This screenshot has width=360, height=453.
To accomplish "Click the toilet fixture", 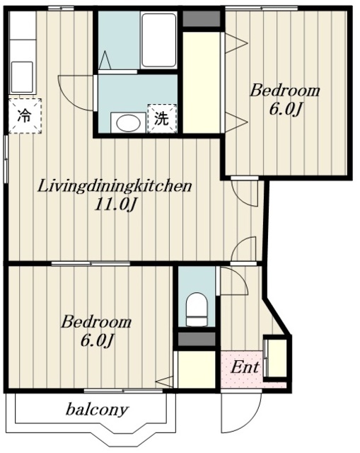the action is pos(197,309).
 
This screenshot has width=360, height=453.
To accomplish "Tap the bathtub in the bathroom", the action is pos(158,40).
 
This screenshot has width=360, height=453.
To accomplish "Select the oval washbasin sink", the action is pos(128,122).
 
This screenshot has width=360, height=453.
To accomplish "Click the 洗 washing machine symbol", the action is pos(161,118).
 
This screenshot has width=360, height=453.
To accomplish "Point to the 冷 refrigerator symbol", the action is pos(25,116).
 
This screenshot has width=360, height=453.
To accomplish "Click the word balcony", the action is pos(97,410).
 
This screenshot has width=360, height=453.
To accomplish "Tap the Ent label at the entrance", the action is pos(245,367).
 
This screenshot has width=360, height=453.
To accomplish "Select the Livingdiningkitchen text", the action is pos(115,186).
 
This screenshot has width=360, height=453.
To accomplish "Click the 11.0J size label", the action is pos(115,205).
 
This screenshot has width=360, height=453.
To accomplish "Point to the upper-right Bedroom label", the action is pos(284,91).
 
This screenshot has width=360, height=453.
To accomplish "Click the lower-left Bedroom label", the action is pos(96,322).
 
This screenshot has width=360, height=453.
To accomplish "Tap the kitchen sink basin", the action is pos(22,76).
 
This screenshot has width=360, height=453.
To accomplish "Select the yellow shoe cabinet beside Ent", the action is pos(276,357).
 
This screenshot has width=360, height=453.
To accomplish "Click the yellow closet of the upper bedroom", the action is pos(202,82).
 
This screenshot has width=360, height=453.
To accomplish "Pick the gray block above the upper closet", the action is pos(202,19).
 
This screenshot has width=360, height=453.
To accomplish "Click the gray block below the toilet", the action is pos(197,339).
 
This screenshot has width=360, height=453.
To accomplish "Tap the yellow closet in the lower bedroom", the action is pos(197,369).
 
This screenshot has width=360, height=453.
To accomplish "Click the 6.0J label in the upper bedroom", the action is pos(286,110).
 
